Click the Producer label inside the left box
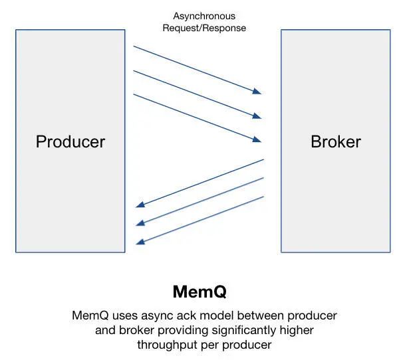click(x=70, y=141)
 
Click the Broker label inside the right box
click(x=336, y=141)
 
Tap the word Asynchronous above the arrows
click(x=204, y=16)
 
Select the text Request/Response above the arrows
click(x=204, y=28)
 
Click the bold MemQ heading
click(x=200, y=292)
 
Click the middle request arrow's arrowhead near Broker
click(x=258, y=117)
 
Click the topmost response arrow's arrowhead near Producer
click(x=139, y=207)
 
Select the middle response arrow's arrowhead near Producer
click(x=139, y=225)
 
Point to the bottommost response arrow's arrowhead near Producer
click(x=139, y=242)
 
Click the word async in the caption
click(x=150, y=315)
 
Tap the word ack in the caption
click(x=178, y=315)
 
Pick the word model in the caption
click(x=206, y=315)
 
